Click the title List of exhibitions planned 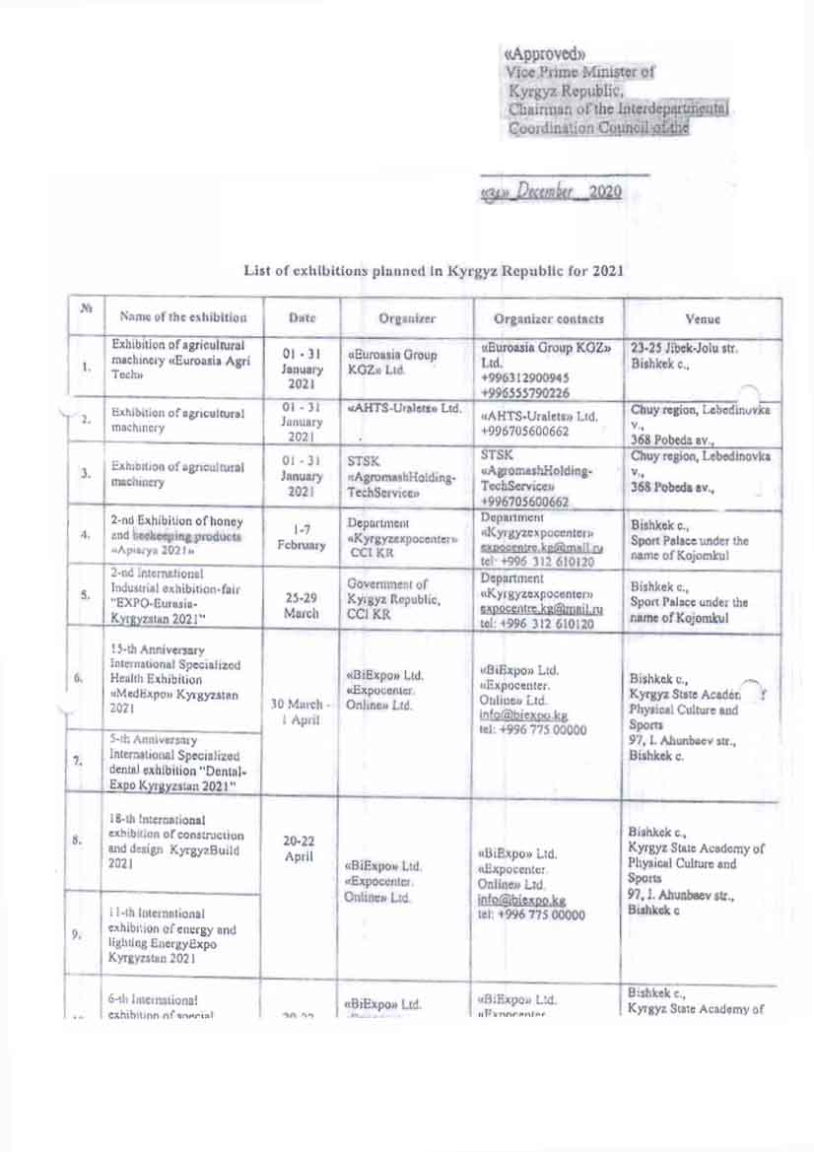[x=433, y=269]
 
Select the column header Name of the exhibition [x=183, y=318]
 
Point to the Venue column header [x=705, y=318]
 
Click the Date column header [x=301, y=318]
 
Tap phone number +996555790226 [x=524, y=391]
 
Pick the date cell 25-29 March [x=300, y=597]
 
